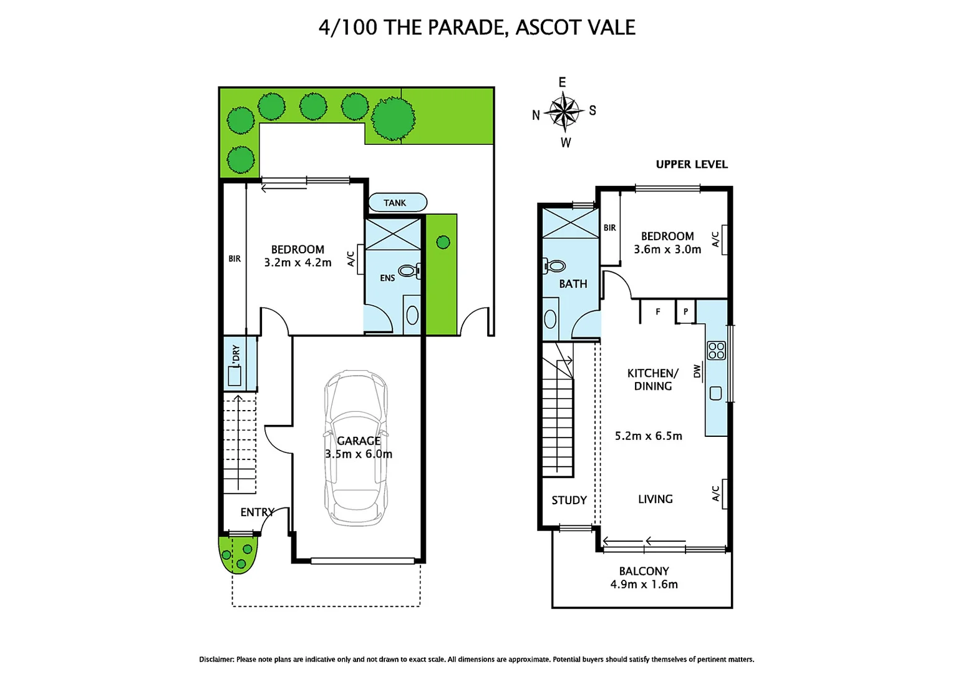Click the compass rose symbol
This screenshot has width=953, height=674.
click(x=564, y=112)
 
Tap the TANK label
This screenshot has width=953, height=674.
click(x=395, y=203)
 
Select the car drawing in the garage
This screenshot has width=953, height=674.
click(x=356, y=448)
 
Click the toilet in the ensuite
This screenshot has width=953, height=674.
click(x=409, y=271)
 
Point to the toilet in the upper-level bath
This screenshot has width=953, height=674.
click(x=554, y=266)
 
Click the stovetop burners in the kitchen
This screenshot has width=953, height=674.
click(x=716, y=351)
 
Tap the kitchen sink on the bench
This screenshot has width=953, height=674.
click(x=716, y=393)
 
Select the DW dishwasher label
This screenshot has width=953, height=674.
click(x=697, y=372)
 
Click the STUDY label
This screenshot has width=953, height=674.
click(x=569, y=500)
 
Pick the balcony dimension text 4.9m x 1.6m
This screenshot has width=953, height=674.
click(x=644, y=584)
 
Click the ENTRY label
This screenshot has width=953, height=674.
click(x=257, y=512)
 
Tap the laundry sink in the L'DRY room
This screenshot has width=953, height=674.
click(x=235, y=376)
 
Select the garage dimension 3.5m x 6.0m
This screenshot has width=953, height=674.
click(x=359, y=454)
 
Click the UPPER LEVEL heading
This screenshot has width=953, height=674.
click(x=692, y=164)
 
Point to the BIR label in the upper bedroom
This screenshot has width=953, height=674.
click(x=609, y=228)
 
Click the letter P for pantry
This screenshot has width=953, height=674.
click(x=685, y=311)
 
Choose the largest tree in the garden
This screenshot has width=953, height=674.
click(x=393, y=118)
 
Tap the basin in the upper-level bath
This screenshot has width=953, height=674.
click(x=550, y=319)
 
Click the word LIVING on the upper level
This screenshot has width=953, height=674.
click(x=655, y=499)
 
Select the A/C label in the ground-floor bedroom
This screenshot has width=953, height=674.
click(x=351, y=259)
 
